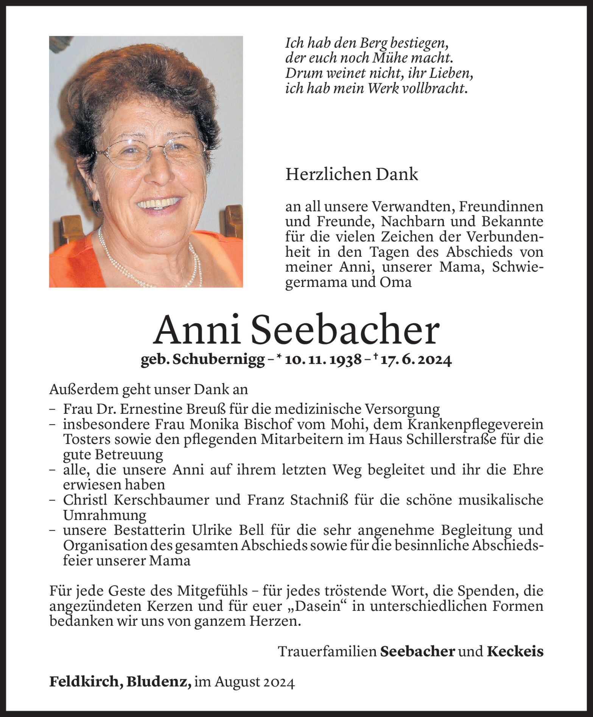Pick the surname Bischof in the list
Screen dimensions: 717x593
(x=278, y=424)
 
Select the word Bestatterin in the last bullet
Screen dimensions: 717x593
(x=147, y=530)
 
